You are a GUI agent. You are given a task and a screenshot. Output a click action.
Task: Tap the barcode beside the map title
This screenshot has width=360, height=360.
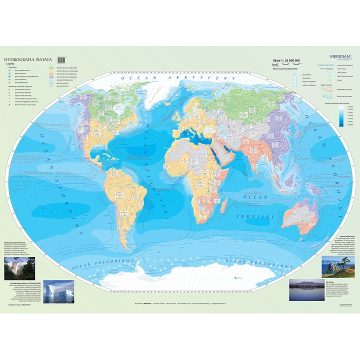pyautogui.click(x=62, y=58)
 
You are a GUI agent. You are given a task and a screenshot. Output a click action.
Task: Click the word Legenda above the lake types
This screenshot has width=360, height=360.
pyautogui.click(x=10, y=64)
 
